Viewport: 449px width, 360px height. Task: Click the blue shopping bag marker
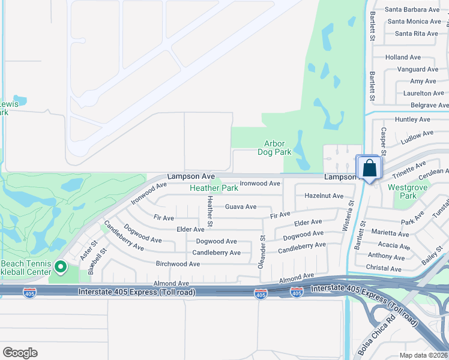pyautogui.click(x=369, y=167)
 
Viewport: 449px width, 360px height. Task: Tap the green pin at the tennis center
pyautogui.click(x=60, y=266)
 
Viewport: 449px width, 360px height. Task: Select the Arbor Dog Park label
pyautogui.click(x=278, y=148)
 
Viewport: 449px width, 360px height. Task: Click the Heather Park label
pyautogui.click(x=214, y=188)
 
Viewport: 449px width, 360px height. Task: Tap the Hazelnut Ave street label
pyautogui.click(x=324, y=196)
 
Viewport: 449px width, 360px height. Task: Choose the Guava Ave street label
pyautogui.click(x=240, y=206)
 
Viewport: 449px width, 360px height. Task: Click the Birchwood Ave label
pyautogui.click(x=178, y=263)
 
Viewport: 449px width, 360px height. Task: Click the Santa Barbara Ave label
pyautogui.click(x=412, y=10)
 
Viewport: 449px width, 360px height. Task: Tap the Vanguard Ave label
pyautogui.click(x=420, y=70)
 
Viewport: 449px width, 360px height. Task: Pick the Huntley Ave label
pyautogui.click(x=414, y=119)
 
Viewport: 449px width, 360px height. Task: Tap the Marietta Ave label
pyautogui.click(x=390, y=233)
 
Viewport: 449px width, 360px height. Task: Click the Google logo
pyautogui.click(x=20, y=353)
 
